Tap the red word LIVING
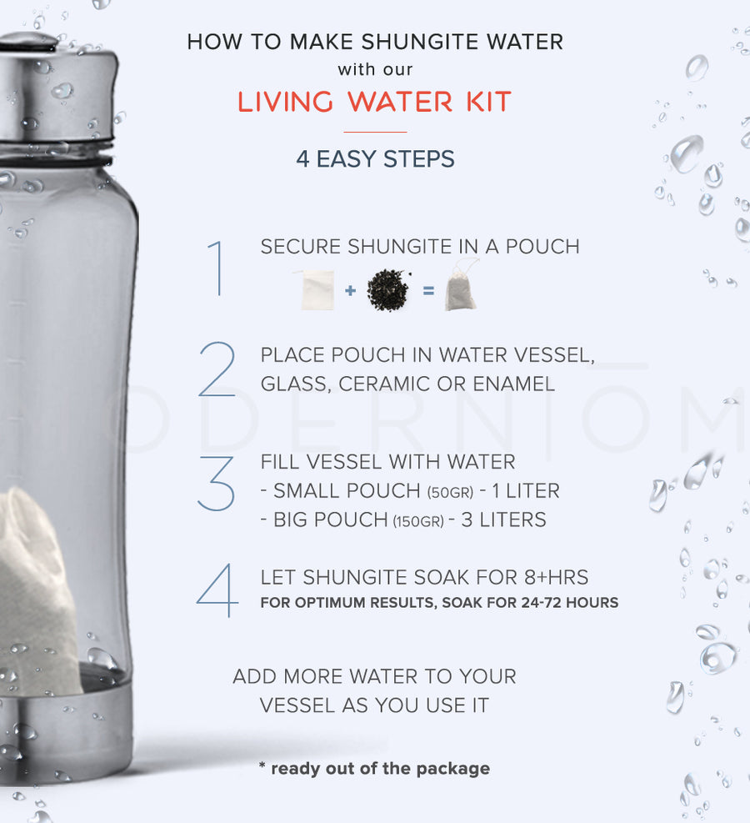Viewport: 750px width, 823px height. tap(288, 102)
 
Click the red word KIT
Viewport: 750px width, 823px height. tap(483, 102)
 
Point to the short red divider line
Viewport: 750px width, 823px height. tap(375, 132)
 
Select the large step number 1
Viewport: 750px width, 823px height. tap(217, 268)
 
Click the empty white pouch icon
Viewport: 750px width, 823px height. tap(317, 289)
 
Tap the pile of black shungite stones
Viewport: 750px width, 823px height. tap(388, 290)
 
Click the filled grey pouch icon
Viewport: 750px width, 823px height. tap(461, 286)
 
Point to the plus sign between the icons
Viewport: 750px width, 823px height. tap(350, 291)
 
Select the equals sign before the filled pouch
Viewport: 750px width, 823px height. tap(427, 291)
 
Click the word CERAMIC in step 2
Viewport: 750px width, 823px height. tap(382, 384)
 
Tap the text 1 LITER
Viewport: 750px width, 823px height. tap(526, 490)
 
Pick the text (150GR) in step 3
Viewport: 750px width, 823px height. tap(418, 521)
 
